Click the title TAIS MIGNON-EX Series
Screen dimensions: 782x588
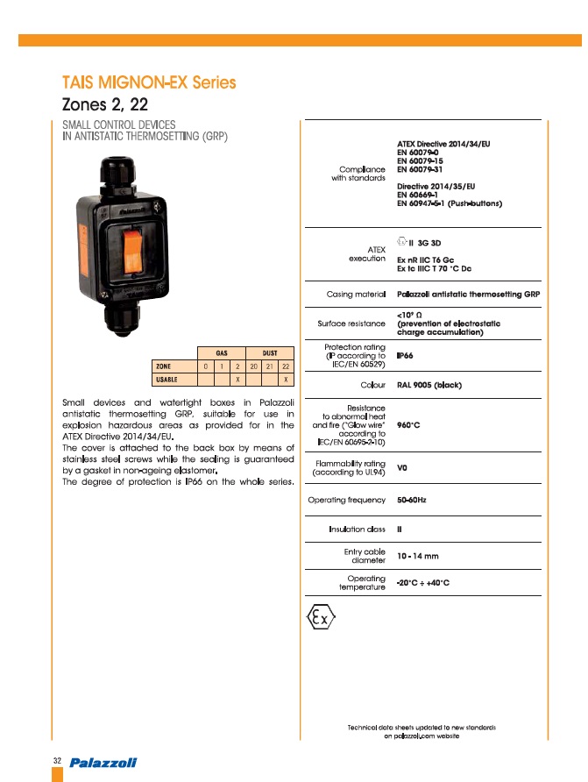click(x=149, y=83)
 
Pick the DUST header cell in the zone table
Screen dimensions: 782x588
click(x=270, y=352)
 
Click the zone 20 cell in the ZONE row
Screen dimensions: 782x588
click(x=253, y=366)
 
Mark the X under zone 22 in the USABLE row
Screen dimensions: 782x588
click(x=286, y=379)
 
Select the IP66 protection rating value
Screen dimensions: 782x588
click(x=406, y=356)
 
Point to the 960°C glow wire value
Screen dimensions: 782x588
click(x=410, y=425)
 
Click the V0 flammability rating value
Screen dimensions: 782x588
click(x=402, y=467)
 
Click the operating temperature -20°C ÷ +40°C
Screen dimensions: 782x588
click(x=423, y=583)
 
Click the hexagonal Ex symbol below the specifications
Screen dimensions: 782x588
click(x=322, y=618)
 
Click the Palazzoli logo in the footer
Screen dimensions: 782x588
click(x=104, y=761)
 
